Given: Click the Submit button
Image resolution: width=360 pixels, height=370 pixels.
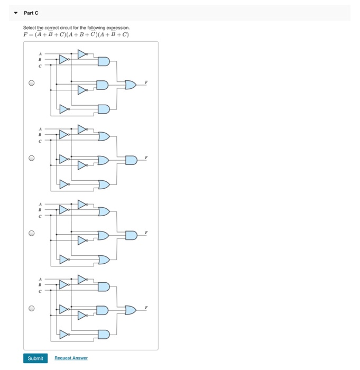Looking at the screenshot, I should (35, 358).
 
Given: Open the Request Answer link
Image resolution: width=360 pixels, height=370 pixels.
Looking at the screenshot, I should (71, 358).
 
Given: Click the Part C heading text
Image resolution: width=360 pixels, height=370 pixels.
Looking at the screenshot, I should (31, 13).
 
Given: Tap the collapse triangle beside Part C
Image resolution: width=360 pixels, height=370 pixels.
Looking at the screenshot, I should (16, 13).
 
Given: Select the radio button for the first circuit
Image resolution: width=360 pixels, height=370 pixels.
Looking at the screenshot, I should (32, 83).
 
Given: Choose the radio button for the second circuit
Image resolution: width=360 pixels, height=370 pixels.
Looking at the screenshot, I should (32, 158).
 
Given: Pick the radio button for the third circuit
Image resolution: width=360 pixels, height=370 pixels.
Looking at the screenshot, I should (32, 233).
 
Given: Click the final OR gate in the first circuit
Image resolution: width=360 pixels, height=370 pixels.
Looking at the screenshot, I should (130, 85).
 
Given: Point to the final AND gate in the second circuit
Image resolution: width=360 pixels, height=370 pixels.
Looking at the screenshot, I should (131, 160).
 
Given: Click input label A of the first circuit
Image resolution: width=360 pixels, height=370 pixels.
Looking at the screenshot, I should (40, 54).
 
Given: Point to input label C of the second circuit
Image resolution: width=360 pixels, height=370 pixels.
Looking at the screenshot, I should (40, 141).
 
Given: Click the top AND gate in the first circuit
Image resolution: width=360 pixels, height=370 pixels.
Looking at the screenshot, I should (103, 62).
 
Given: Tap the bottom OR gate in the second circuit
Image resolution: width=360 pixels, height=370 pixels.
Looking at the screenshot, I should (103, 184).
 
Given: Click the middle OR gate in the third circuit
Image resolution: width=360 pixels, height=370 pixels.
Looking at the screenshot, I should (103, 235).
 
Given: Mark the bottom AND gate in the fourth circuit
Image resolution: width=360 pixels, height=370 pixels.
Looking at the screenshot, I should (103, 334).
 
